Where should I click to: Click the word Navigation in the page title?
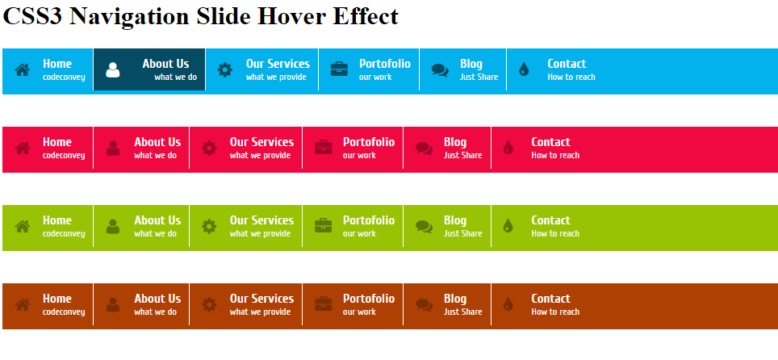click(x=129, y=17)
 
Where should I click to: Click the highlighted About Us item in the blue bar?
click(x=149, y=69)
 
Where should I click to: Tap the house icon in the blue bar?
click(x=23, y=70)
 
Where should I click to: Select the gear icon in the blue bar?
click(x=225, y=70)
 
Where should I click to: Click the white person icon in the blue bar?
click(x=113, y=70)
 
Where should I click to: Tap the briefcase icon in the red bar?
click(x=323, y=148)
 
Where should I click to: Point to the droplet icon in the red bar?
click(x=508, y=148)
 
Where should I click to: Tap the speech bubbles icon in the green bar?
click(x=424, y=226)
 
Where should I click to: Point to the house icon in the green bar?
click(x=23, y=227)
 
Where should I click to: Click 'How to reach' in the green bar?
click(x=555, y=233)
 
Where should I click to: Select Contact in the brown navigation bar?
click(x=550, y=299)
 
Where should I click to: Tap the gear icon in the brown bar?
click(x=209, y=304)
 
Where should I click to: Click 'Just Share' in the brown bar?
click(x=463, y=312)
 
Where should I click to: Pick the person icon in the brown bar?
click(x=113, y=304)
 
